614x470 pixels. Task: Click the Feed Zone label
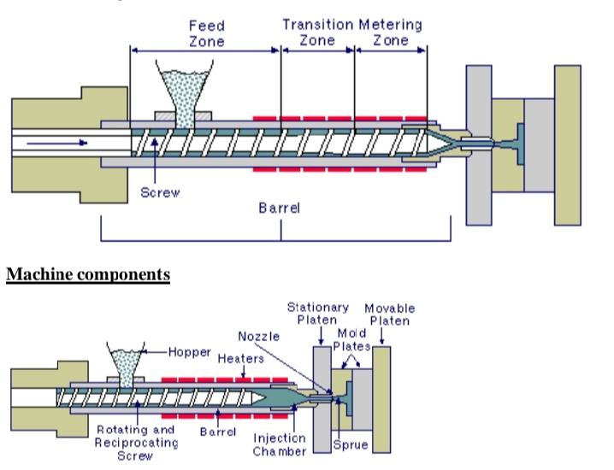(x=207, y=33)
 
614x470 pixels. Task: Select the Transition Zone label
(x=317, y=32)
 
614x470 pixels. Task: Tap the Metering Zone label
(x=390, y=32)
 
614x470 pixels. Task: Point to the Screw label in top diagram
(x=160, y=192)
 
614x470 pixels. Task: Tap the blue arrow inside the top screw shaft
(x=56, y=142)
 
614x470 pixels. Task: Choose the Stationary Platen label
(x=317, y=313)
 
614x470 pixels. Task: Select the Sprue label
(x=351, y=444)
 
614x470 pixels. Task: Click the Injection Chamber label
(x=296, y=444)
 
